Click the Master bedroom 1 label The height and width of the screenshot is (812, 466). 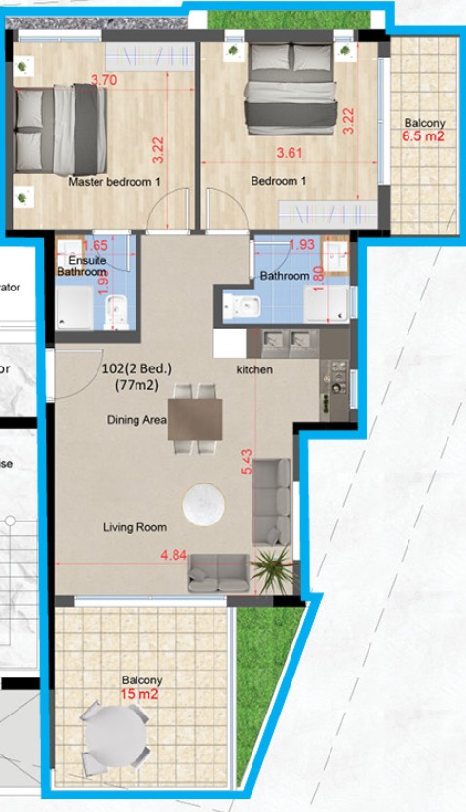click(114, 182)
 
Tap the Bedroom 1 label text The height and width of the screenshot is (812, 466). click(280, 181)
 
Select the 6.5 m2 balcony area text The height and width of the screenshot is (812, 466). click(423, 137)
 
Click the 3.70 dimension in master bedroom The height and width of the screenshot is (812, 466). click(104, 80)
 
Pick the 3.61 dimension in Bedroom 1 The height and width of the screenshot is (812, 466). click(291, 153)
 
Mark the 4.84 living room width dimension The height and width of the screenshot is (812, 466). click(175, 556)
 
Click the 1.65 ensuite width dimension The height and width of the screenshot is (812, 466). click(95, 247)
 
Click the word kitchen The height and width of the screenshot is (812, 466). click(255, 370)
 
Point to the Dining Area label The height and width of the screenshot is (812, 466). click(136, 420)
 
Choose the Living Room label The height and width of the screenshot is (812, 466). click(135, 527)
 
